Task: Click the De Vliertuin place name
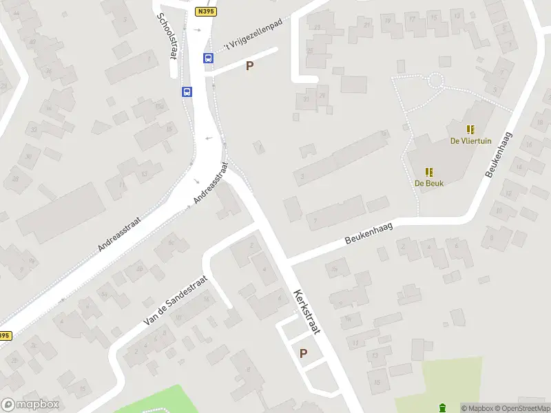[470, 140]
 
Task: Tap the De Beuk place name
[428, 183]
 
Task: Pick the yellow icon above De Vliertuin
[470, 129]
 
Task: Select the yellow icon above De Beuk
[428, 171]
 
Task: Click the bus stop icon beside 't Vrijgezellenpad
[208, 59]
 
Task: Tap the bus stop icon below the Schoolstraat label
[187, 92]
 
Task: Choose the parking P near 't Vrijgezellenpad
[250, 66]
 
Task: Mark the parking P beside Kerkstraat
[303, 353]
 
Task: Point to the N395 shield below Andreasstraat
[4, 335]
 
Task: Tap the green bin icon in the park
[443, 407]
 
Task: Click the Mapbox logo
[30, 405]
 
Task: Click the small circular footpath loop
[435, 81]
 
